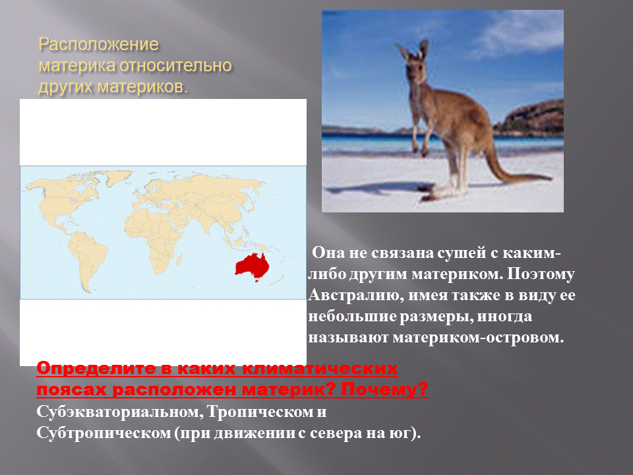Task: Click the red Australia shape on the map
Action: [x=252, y=267]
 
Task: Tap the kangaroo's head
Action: [x=415, y=61]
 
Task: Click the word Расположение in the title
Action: [x=98, y=44]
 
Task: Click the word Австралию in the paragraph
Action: [x=356, y=296]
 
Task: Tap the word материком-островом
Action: [x=477, y=337]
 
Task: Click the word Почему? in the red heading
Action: [x=384, y=389]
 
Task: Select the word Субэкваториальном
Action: [x=119, y=412]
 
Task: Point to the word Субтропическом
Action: [x=104, y=433]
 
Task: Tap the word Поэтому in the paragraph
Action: [x=541, y=274]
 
